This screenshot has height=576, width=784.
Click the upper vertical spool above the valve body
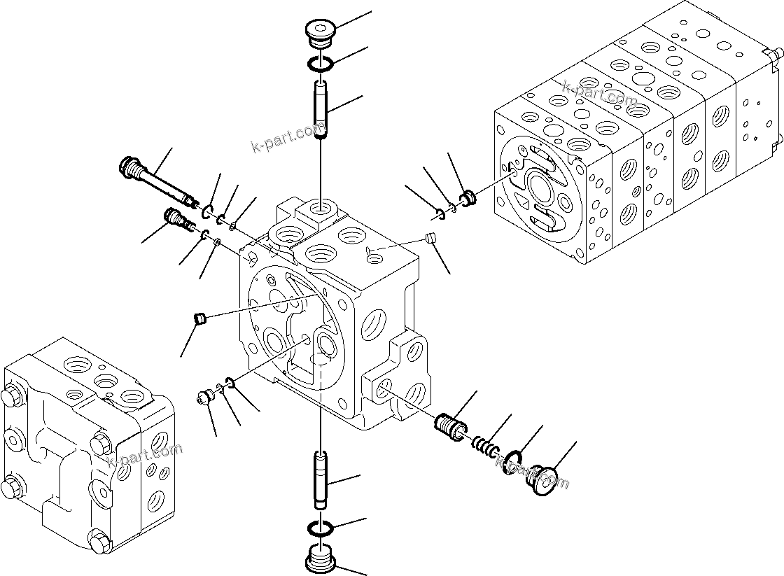pyautogui.click(x=321, y=109)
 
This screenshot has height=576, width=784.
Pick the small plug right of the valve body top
pyautogui.click(x=431, y=240)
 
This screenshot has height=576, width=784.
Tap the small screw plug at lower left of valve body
pyautogui.click(x=204, y=399)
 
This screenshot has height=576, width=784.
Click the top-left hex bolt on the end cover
pyautogui.click(x=14, y=398)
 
